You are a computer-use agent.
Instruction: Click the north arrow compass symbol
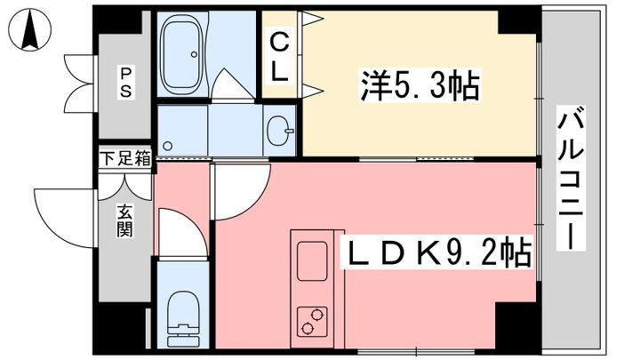[30, 29]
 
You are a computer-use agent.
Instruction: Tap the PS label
[125, 83]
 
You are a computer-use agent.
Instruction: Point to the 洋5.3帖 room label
[420, 85]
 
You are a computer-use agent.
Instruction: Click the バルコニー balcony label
[571, 178]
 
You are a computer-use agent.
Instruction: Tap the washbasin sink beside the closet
[280, 131]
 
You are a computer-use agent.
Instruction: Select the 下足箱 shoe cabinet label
[125, 158]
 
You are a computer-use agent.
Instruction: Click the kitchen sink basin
[312, 260]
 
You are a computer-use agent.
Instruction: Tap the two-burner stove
[312, 322]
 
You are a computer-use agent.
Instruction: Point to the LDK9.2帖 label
[436, 252]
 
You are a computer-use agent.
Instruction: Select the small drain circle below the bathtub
[167, 146]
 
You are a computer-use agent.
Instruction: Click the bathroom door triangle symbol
[232, 84]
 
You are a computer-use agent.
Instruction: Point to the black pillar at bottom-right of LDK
[517, 325]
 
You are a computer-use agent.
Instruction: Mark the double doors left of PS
[80, 84]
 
